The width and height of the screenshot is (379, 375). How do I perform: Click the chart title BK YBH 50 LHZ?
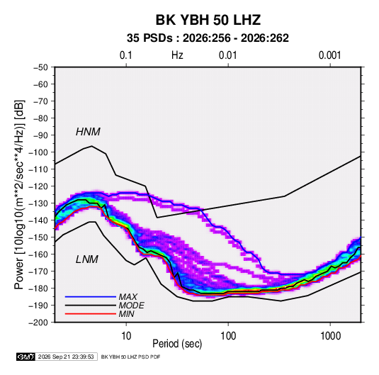click(x=208, y=20)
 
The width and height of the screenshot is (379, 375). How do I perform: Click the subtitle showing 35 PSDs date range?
click(x=208, y=38)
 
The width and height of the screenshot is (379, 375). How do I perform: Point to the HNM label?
click(x=88, y=132)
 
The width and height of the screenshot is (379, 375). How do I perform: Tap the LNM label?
click(x=87, y=259)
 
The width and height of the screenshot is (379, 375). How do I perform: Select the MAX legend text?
click(x=128, y=296)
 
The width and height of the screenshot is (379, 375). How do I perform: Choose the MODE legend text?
click(x=132, y=306)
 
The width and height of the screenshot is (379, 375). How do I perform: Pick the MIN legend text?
click(x=127, y=314)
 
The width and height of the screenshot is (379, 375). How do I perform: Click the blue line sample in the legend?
click(x=91, y=296)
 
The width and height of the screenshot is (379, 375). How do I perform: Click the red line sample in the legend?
click(x=91, y=314)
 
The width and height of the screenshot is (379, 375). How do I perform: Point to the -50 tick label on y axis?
click(x=40, y=67)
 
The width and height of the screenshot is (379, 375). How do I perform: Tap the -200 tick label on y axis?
click(x=38, y=323)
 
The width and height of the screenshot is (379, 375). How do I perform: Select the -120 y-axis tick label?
click(x=38, y=186)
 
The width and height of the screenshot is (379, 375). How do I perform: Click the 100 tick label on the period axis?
click(x=228, y=336)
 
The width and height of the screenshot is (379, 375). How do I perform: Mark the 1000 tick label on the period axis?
click(x=330, y=336)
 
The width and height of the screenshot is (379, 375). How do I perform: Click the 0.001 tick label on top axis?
click(x=329, y=55)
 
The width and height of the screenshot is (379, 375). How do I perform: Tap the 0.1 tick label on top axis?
click(x=126, y=55)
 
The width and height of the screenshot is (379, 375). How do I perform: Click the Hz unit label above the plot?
click(x=177, y=55)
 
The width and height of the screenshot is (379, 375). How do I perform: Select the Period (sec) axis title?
click(x=177, y=344)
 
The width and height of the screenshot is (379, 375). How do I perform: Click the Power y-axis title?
click(x=19, y=194)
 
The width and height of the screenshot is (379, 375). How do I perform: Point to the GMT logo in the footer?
click(x=26, y=357)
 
